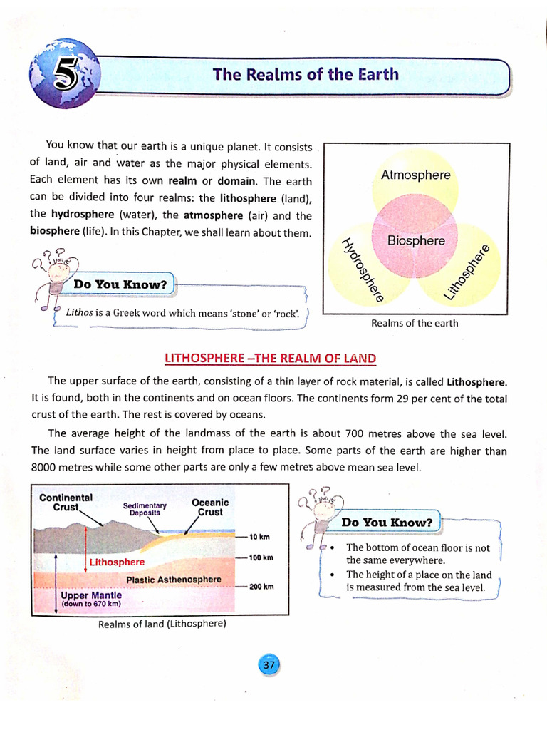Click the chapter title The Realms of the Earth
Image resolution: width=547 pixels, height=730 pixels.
(x=306, y=75)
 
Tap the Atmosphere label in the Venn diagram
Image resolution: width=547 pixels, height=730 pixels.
(x=416, y=175)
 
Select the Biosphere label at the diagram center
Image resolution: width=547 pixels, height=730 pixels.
(x=416, y=241)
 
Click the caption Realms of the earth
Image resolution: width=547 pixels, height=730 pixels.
(x=415, y=323)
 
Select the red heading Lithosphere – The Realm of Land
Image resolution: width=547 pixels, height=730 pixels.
(x=270, y=358)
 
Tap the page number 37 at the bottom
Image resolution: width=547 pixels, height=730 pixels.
(x=269, y=664)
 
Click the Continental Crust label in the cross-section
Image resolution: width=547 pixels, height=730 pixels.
(x=66, y=503)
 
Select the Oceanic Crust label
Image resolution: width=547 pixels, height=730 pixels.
(x=210, y=507)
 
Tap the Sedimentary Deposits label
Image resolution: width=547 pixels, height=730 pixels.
(x=145, y=509)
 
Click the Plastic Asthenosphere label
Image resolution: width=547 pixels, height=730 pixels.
(x=173, y=580)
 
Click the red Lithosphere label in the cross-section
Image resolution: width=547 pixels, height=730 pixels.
(x=117, y=562)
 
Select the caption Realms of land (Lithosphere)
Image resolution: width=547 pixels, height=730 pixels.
(x=162, y=624)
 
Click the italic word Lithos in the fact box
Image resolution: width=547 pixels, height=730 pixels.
(x=79, y=312)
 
